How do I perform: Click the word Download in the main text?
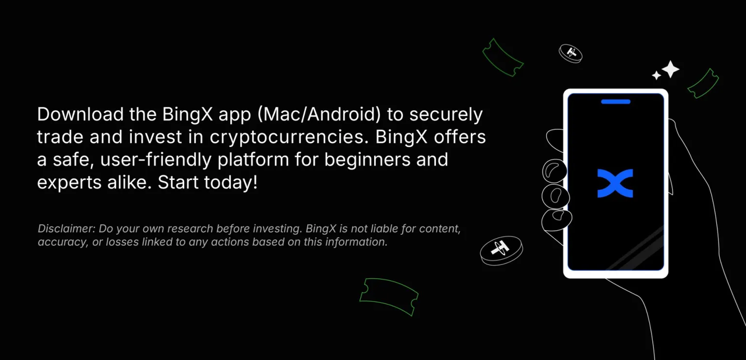[80, 114]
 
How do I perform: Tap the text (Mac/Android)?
[319, 115]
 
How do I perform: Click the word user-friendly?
[156, 160]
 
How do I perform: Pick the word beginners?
[367, 160]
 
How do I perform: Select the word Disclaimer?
[66, 228]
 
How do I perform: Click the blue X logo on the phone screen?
[615, 183]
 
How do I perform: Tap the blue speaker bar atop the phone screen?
[616, 102]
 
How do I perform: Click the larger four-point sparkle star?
[670, 69]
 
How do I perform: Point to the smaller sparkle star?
[656, 76]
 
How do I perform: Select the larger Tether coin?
[501, 250]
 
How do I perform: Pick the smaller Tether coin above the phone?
[571, 53]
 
